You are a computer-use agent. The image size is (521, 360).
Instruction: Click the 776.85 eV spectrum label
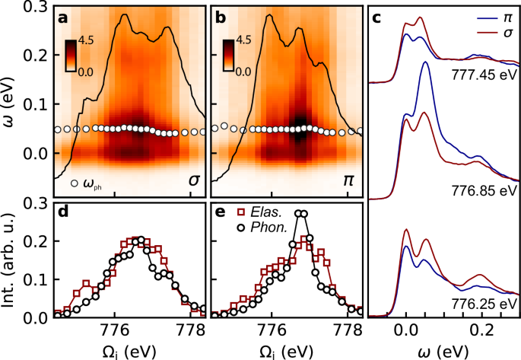tap(484, 187)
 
